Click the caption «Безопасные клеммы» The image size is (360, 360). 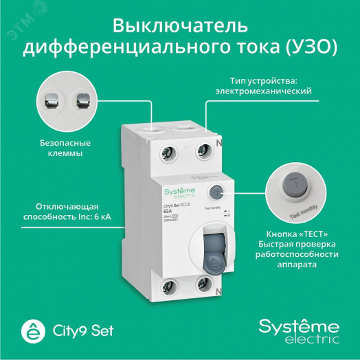(x=62, y=149)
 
